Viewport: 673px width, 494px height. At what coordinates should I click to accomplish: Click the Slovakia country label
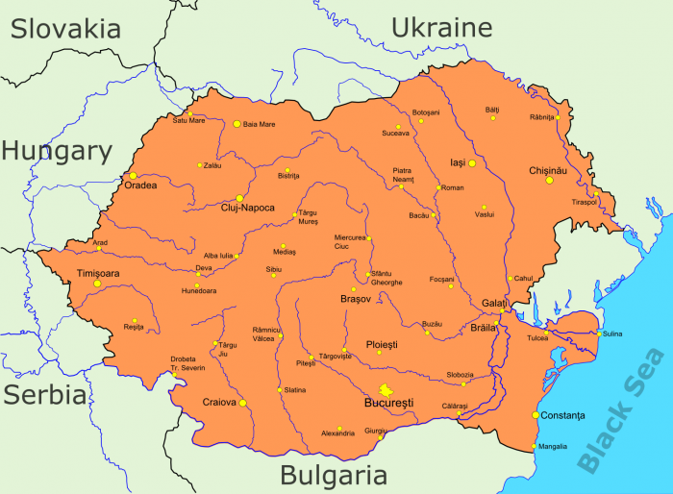pyautogui.click(x=65, y=28)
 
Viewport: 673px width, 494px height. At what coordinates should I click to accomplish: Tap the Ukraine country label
pyautogui.click(x=441, y=26)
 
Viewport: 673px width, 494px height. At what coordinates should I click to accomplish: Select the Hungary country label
pyautogui.click(x=57, y=150)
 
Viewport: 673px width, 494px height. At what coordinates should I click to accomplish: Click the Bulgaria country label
pyautogui.click(x=333, y=475)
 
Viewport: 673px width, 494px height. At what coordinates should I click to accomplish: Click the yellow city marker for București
pyautogui.click(x=386, y=389)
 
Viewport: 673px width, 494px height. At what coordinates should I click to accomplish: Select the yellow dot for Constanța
pyautogui.click(x=535, y=415)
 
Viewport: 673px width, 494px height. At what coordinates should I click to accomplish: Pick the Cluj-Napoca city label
pyautogui.click(x=247, y=209)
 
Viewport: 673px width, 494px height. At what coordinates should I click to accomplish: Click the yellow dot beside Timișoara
pyautogui.click(x=97, y=284)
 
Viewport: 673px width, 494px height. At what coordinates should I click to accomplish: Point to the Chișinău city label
pyautogui.click(x=549, y=170)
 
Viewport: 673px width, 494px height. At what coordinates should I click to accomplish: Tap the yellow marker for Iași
pyautogui.click(x=472, y=163)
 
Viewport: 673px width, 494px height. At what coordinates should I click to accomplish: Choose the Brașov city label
pyautogui.click(x=356, y=300)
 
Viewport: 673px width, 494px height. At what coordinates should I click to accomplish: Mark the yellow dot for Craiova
pyautogui.click(x=242, y=403)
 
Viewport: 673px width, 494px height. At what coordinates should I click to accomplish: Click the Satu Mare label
pyautogui.click(x=188, y=121)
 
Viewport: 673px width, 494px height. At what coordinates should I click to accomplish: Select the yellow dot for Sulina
pyautogui.click(x=599, y=333)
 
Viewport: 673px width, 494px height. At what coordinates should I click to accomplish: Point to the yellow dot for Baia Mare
pyautogui.click(x=237, y=123)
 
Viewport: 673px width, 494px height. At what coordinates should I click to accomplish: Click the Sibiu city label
pyautogui.click(x=274, y=270)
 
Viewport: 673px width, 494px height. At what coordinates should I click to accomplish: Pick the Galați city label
pyautogui.click(x=494, y=303)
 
